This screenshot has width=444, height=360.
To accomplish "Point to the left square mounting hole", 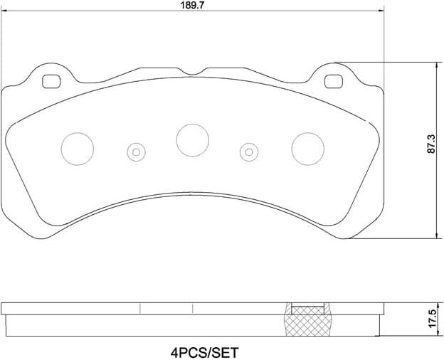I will coord(51,82).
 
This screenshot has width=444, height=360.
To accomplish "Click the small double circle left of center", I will coord(135,151).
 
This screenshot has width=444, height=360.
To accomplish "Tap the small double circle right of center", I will coord(248,151).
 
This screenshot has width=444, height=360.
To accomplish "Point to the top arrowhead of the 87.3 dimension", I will coord(435,65).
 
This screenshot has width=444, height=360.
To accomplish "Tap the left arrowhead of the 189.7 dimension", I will coord(6,11).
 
